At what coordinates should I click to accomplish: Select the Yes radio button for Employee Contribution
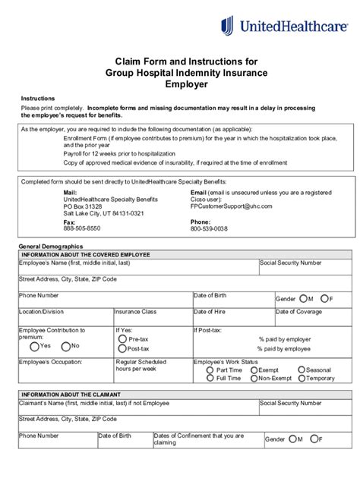[34, 346]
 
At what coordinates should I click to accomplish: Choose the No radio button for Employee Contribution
[65, 346]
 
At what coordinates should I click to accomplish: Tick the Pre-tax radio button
[122, 339]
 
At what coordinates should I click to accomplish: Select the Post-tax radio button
[122, 349]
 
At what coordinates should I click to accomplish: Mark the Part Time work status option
[209, 370]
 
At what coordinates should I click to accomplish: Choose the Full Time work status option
[209, 378]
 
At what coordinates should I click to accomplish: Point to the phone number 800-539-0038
[208, 228]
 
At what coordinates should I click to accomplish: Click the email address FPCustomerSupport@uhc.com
[231, 206]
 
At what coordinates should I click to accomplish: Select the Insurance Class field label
[135, 311]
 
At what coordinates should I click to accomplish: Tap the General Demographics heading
[50, 247]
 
